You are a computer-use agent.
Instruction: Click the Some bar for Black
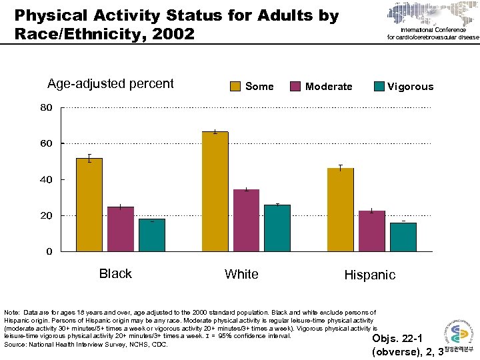(89, 205)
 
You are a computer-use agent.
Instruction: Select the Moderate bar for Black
(120, 229)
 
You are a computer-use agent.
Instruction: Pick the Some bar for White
(215, 191)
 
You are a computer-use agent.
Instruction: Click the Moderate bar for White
(246, 220)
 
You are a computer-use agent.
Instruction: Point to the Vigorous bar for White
(277, 228)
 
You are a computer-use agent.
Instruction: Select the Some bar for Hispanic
(340, 209)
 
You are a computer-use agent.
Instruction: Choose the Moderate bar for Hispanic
(371, 231)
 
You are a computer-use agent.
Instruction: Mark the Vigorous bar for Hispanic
(403, 237)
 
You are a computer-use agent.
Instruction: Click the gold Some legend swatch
(235, 86)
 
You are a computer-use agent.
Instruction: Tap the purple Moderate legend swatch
(295, 86)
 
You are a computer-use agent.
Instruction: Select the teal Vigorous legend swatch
(379, 86)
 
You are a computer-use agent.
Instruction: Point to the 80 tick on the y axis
(46, 108)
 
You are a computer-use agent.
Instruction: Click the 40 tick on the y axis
(46, 180)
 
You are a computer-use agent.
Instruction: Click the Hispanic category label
(369, 275)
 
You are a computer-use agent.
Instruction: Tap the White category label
(241, 274)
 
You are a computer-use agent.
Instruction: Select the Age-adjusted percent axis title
(110, 84)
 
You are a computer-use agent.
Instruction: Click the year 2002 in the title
(171, 33)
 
